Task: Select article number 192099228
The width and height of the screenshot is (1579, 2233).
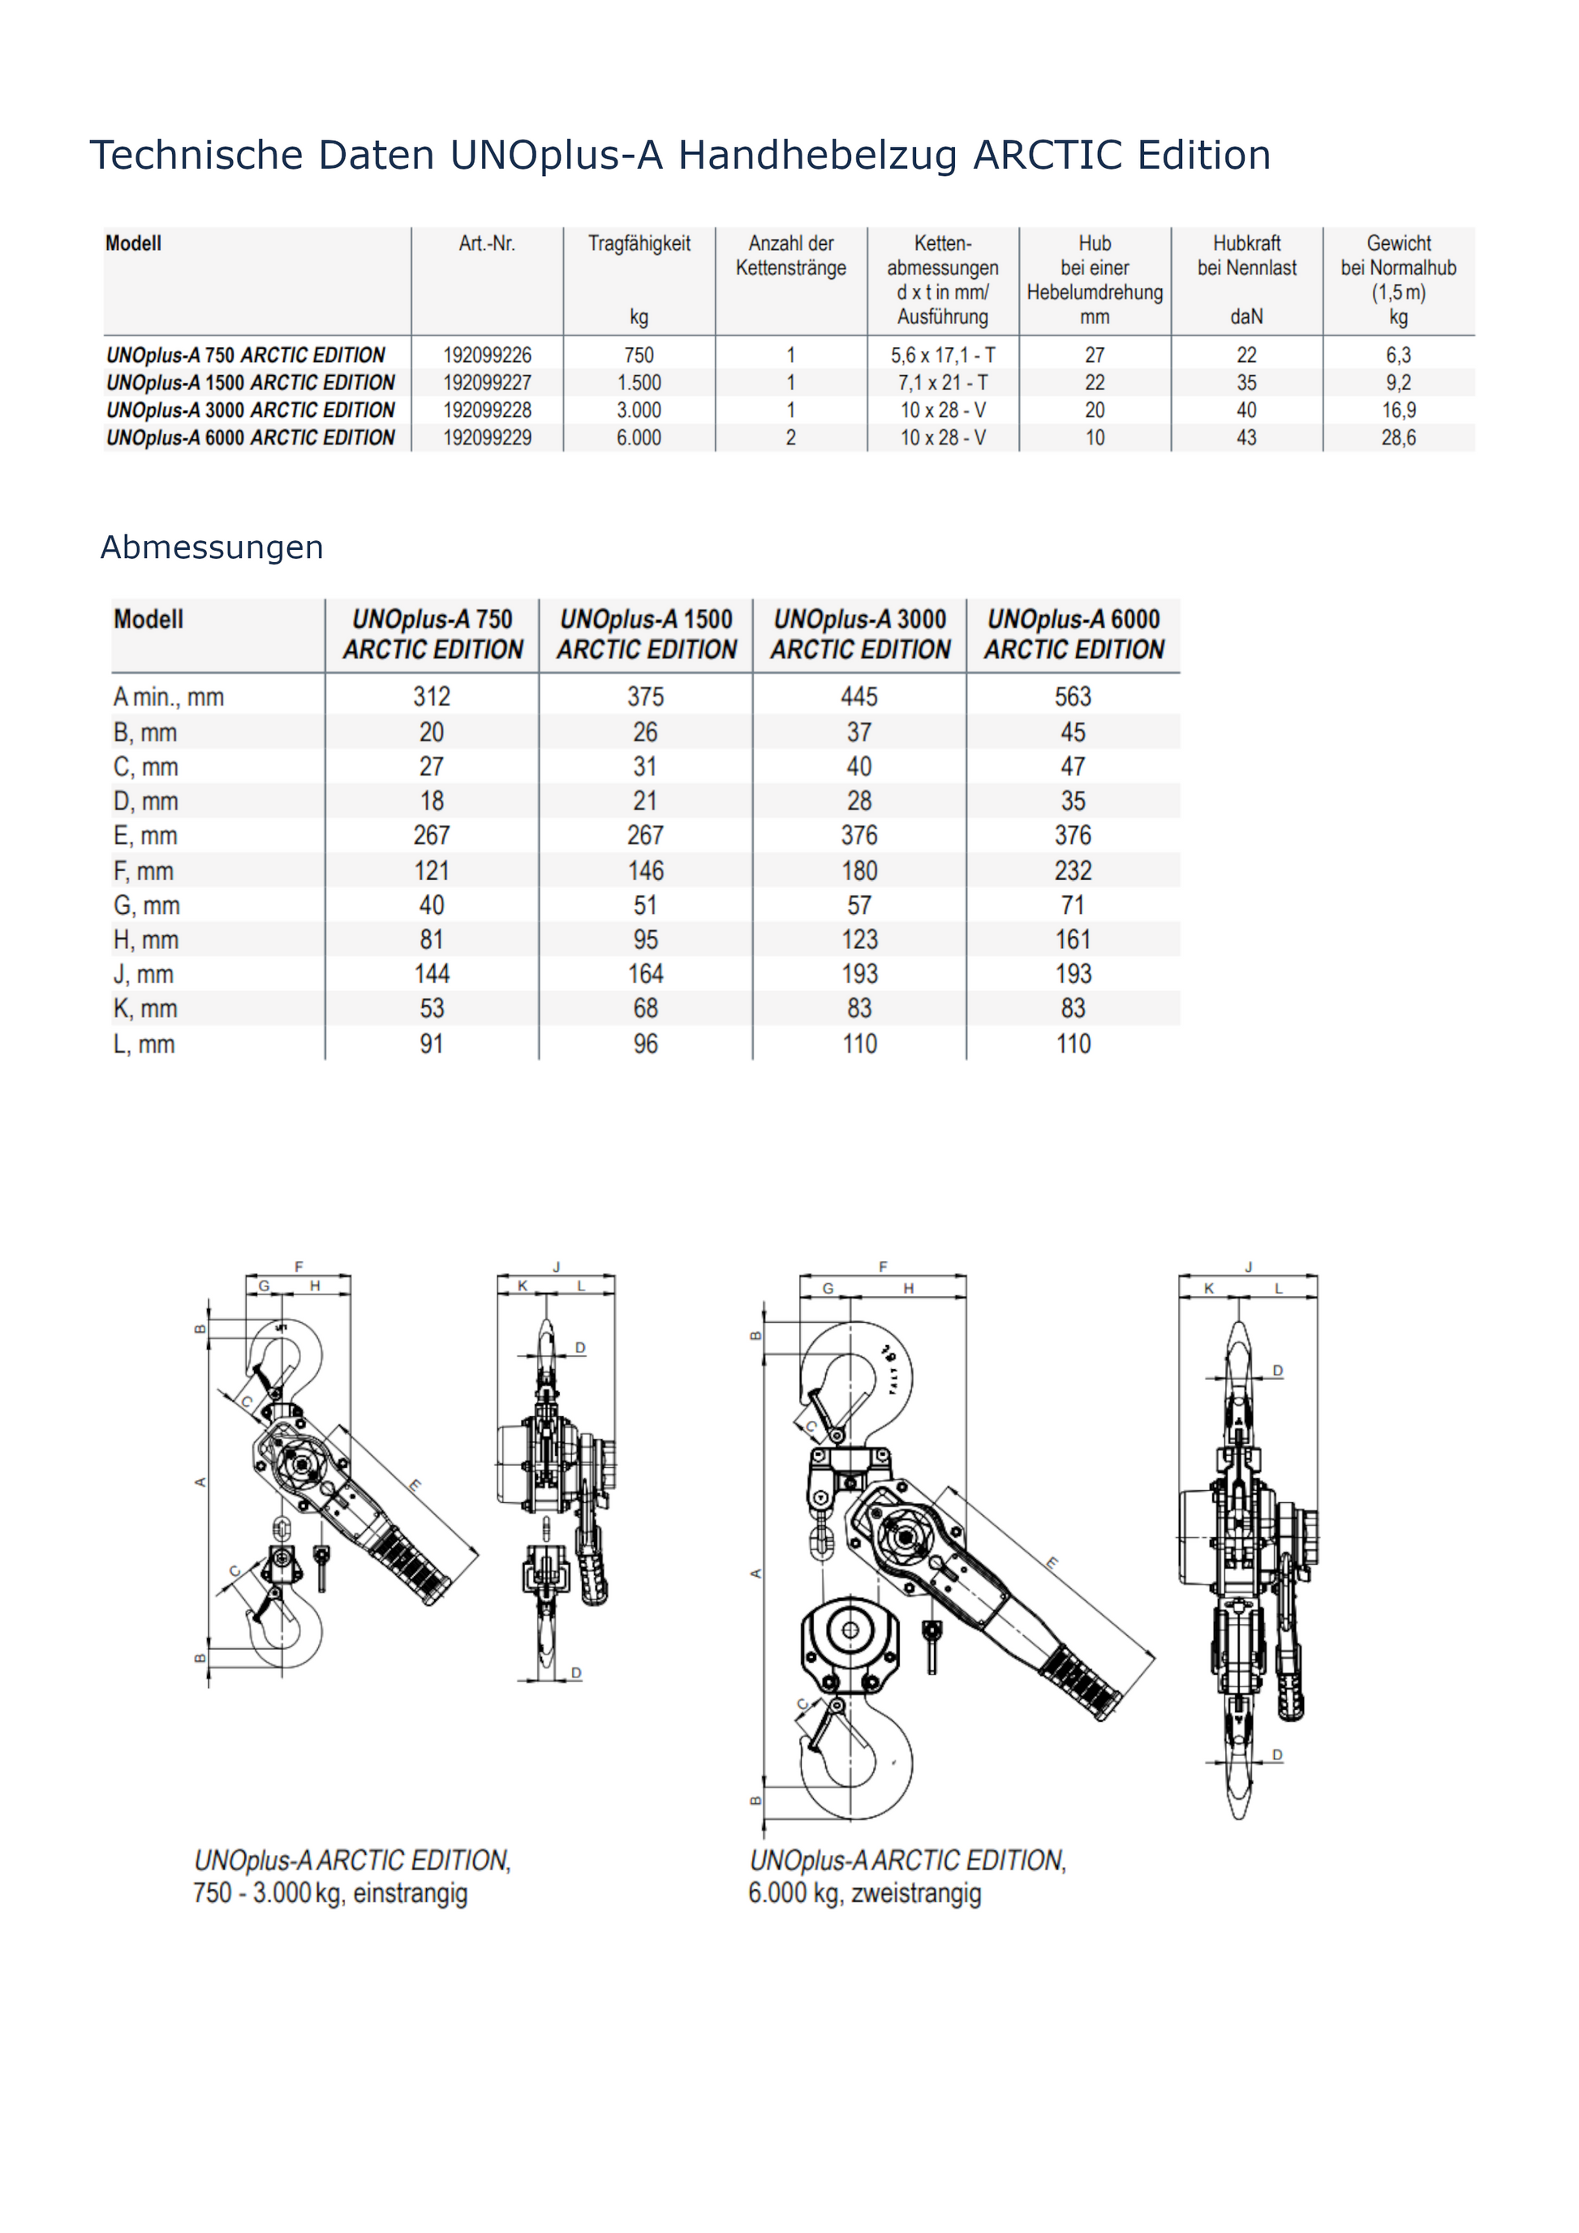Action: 488,410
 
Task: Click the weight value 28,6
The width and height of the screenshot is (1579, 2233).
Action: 1398,438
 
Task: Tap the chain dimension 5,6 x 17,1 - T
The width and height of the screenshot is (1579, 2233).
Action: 942,355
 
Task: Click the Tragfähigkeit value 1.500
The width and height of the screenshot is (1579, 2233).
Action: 639,383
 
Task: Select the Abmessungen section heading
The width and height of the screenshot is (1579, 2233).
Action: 211,548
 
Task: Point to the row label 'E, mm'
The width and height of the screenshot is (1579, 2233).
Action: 145,835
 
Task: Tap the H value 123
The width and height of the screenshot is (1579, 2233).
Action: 859,939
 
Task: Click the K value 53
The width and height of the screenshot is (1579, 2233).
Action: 431,1008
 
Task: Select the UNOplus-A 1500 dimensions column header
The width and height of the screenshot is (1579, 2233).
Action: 646,634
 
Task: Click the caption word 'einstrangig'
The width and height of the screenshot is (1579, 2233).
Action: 410,1892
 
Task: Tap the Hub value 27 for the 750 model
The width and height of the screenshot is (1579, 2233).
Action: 1095,355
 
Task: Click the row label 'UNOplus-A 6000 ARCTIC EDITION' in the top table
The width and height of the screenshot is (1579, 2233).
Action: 250,438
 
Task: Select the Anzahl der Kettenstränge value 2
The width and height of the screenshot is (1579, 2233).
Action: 790,438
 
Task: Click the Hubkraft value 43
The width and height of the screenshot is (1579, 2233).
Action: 1246,438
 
